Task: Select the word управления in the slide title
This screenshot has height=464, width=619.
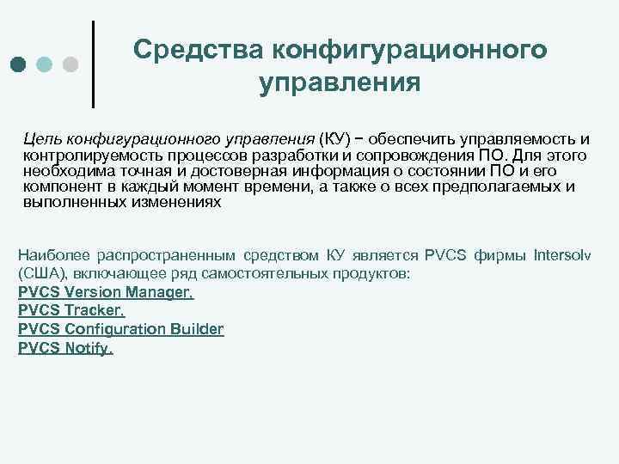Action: [340, 83]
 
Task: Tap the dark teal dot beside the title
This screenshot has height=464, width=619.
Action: [20, 64]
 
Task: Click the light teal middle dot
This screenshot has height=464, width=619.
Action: [45, 64]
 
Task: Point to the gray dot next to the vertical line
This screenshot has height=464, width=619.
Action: [70, 64]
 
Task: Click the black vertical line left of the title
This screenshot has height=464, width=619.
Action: [93, 64]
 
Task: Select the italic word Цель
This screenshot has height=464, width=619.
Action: [40, 139]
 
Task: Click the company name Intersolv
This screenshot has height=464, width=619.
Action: [570, 255]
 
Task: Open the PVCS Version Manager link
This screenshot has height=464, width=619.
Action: [106, 292]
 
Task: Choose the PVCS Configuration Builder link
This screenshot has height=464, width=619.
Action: [120, 329]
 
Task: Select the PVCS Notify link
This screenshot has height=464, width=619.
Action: [65, 348]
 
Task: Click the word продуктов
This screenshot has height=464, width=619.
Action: [379, 274]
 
